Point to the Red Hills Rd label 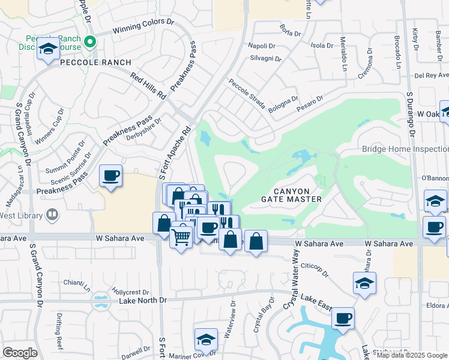coord(148,86)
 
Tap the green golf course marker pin coord(90,41)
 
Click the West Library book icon coord(52,215)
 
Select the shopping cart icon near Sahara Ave coord(181,237)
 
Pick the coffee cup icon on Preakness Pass coord(111,176)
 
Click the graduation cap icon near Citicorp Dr coord(364,283)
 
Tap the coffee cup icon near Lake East coord(343,318)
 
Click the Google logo coord(20,353)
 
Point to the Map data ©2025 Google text coord(412,355)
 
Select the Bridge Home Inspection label coord(405,149)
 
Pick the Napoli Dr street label coord(262,46)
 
